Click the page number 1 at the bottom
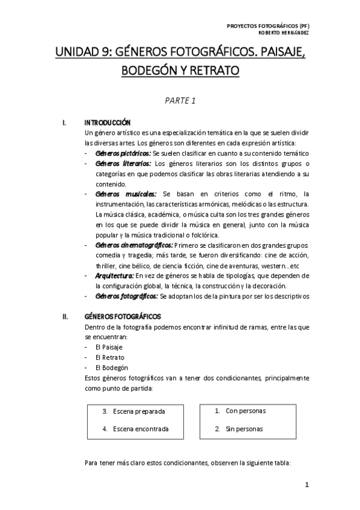click(x=306, y=485)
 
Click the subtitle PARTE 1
click(x=180, y=100)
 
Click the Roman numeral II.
click(x=65, y=316)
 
